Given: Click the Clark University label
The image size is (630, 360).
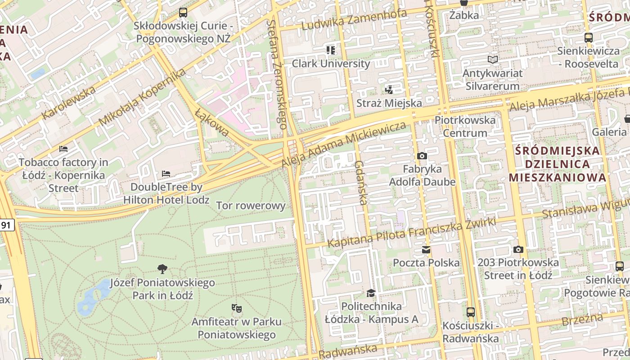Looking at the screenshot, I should coord(331,63).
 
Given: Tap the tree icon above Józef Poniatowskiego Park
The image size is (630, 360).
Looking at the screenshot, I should coord(162,269).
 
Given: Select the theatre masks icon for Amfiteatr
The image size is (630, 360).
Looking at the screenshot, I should coord(236,308).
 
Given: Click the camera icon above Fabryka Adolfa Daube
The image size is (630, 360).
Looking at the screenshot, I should coord(422,156).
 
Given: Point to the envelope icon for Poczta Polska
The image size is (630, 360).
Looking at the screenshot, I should coord(426,250).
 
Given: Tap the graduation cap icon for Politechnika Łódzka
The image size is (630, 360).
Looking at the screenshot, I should coord(371,293).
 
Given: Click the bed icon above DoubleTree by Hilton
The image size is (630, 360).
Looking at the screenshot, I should coord(166,174).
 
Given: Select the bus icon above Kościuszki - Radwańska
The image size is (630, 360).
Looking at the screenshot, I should coord(470,312).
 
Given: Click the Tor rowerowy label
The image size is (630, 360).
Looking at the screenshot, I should coord(251,206).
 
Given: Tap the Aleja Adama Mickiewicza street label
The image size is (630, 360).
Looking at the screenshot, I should coord(344,144).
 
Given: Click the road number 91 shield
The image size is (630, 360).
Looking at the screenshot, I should coord(6,225).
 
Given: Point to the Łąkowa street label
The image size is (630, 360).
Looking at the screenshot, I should coord(212,122).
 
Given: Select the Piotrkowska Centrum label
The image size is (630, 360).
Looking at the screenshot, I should coord(465,126).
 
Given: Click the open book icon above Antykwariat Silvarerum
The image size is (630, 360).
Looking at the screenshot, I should coord(493,59).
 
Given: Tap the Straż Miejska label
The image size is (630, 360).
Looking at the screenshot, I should coord(389,103).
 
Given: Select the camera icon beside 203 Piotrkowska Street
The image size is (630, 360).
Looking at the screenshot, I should coord(518,249).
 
